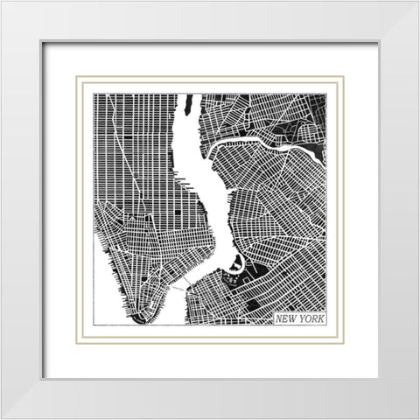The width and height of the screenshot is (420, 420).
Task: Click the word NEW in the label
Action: (286, 318)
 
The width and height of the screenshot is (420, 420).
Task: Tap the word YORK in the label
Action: (310, 318)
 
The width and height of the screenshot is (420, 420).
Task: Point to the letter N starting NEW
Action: (279, 318)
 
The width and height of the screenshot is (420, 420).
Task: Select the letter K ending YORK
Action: (320, 318)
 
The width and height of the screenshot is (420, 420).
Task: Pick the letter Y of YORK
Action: (300, 318)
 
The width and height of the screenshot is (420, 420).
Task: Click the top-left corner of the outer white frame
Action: (3, 3)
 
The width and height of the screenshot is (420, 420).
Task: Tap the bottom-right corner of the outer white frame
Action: (416, 416)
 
